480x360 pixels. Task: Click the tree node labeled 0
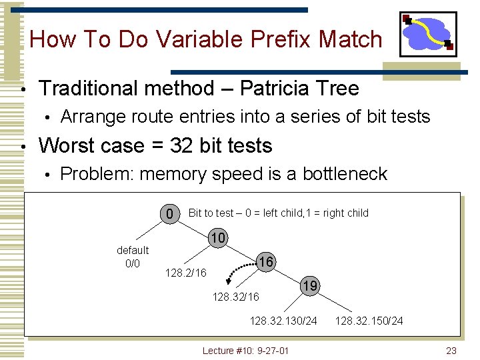click(171, 214)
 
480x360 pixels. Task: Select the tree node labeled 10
click(217, 238)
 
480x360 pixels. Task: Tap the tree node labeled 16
click(266, 262)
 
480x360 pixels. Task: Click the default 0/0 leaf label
click(133, 257)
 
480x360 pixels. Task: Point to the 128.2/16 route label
click(185, 273)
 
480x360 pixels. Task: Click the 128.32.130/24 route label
click(283, 321)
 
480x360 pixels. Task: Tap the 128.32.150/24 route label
click(369, 321)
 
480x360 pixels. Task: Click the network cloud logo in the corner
click(427, 34)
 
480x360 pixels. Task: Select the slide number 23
click(451, 351)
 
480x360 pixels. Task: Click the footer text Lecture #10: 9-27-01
click(245, 351)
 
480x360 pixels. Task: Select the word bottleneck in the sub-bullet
click(345, 174)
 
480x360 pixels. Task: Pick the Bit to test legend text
click(278, 213)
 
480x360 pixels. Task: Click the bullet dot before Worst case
click(23, 146)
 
